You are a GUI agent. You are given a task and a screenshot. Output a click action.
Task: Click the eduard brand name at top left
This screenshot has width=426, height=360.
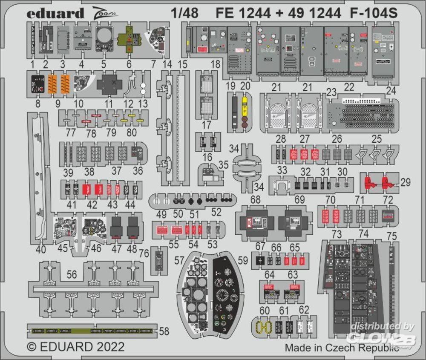[55, 14]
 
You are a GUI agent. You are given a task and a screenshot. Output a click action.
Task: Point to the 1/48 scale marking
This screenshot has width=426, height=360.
[184, 14]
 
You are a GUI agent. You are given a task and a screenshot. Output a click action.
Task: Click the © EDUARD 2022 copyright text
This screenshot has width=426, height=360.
[76, 346]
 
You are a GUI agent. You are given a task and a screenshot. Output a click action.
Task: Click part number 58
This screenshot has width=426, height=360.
[164, 331]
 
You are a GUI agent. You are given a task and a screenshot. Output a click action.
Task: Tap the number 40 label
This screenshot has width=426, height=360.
[40, 249]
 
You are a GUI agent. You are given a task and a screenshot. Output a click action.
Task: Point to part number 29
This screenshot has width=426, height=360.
[406, 183]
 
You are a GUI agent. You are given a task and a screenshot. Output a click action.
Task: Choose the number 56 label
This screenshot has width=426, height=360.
[72, 276]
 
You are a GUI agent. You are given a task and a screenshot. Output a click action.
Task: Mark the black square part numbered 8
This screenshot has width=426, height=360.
[38, 84]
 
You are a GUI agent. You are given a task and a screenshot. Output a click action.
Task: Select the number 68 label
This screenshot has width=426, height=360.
[256, 199]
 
